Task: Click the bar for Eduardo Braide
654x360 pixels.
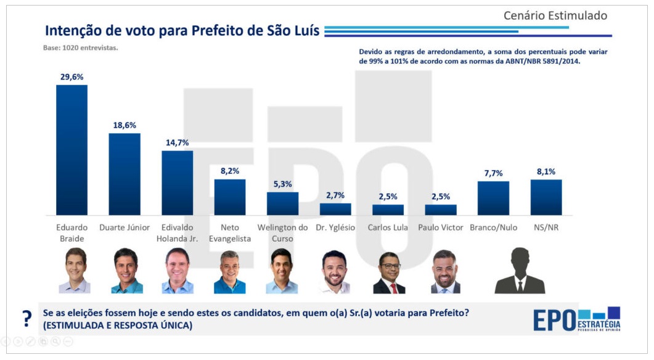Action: [x=72, y=150]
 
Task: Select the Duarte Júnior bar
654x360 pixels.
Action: [x=125, y=174]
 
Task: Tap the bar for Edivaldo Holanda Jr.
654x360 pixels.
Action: [x=177, y=182]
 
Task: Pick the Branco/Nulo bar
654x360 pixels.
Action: [x=493, y=198]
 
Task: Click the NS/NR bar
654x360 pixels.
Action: [x=546, y=197]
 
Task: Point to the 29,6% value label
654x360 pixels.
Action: [x=72, y=77]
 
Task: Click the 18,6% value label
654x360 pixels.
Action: [x=125, y=125]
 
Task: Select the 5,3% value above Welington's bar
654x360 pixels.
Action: [x=282, y=184]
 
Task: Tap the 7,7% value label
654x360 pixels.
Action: [x=493, y=173]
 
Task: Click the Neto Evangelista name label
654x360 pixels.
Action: [x=230, y=232]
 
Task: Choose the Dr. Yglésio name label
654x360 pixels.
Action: [x=335, y=227]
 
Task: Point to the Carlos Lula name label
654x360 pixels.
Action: [x=388, y=227]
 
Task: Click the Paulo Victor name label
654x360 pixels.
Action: [x=441, y=227]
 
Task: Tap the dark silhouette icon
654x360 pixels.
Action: [x=520, y=271]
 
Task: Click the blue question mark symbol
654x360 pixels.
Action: [x=27, y=319]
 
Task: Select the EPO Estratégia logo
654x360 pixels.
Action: [x=576, y=319]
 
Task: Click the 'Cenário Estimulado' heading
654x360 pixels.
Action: [x=555, y=15]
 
